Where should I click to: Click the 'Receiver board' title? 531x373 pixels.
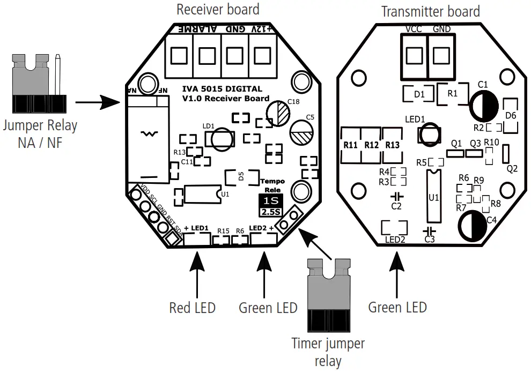(218, 10)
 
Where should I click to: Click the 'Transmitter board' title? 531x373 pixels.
(430, 11)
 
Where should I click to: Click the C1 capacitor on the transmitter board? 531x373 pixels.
(484, 105)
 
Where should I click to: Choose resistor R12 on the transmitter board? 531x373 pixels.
(372, 145)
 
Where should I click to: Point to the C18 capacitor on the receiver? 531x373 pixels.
(279, 113)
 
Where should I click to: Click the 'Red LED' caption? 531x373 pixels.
(192, 308)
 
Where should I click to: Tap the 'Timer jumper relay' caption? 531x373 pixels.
(327, 352)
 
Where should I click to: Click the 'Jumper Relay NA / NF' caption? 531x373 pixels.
(40, 134)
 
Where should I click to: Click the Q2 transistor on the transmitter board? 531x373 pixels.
(506, 155)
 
